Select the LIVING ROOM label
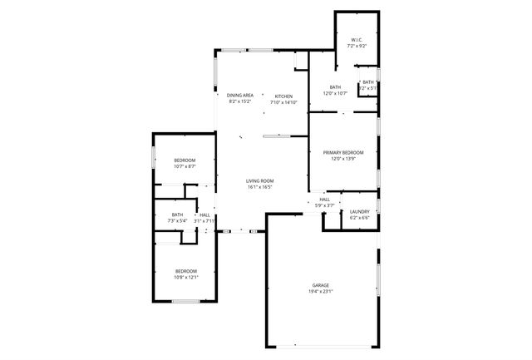tap(259, 180)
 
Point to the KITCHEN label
tap(283, 96)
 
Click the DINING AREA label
tap(239, 96)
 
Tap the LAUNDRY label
tap(359, 212)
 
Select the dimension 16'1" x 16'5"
tap(259, 187)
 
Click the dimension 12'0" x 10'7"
tap(335, 93)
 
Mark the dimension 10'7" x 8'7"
tap(185, 166)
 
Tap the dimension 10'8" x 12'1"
tap(185, 278)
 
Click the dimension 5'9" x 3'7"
tap(324, 205)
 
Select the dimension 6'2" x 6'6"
tap(359, 219)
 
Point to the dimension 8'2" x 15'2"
tap(239, 102)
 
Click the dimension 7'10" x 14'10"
tap(283, 102)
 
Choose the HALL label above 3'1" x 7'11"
tap(204, 215)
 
